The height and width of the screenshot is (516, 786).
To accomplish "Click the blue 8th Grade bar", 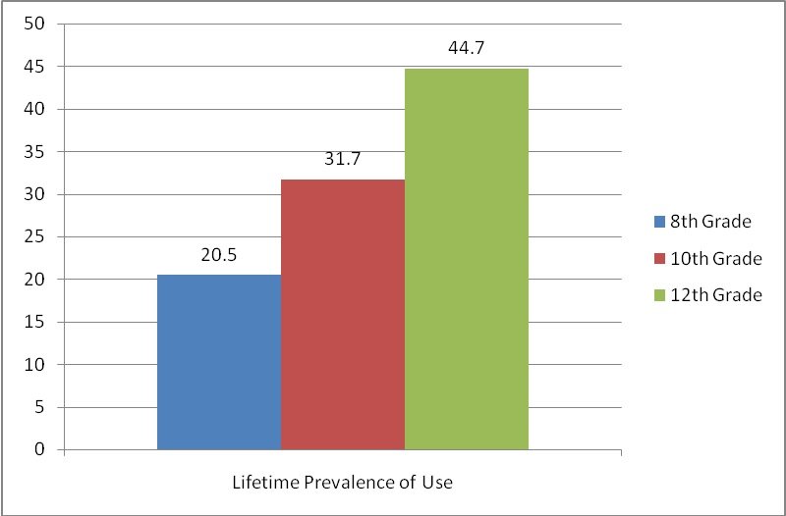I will point(218,362).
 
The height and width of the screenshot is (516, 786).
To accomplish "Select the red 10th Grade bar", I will point(342,314).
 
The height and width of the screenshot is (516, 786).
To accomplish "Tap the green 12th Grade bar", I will point(466,259).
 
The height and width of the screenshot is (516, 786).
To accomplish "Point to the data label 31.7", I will point(342,159).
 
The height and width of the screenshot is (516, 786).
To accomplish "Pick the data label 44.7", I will point(466,48).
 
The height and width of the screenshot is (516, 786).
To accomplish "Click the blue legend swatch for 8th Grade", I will point(659,222).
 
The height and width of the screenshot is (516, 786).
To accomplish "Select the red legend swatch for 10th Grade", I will point(659,259).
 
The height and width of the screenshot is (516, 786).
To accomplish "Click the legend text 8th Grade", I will point(710,222).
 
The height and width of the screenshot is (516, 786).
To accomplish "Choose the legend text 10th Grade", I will point(715,259).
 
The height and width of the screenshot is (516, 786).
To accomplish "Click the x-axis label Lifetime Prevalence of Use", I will point(342,483).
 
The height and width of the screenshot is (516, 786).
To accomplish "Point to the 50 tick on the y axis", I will point(35,24).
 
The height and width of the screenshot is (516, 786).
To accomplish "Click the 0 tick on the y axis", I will point(40,449).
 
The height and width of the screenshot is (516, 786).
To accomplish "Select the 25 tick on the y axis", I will point(35,236).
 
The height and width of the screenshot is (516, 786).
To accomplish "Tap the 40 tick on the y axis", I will point(35,109).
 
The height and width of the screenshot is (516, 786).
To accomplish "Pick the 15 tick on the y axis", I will point(35,322).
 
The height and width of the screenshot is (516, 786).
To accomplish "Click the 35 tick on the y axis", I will point(35,152).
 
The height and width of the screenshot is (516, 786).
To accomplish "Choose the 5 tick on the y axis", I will point(40,407).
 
